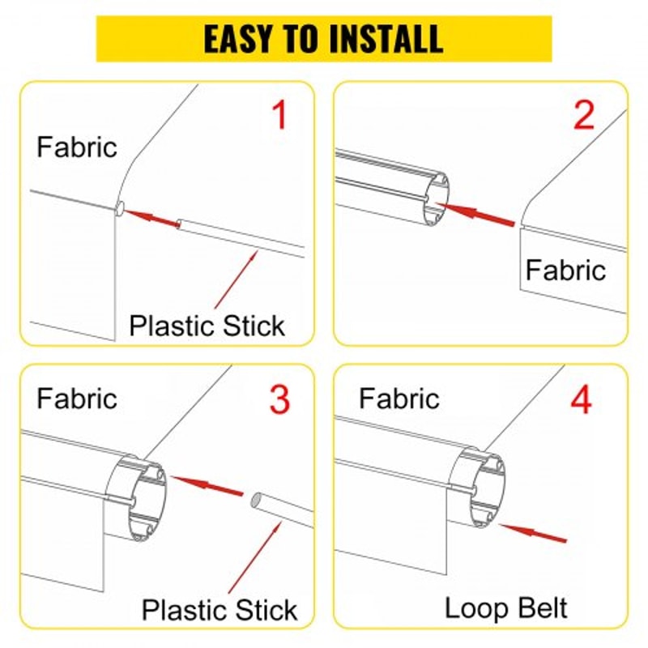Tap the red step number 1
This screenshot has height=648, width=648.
pos(279,116)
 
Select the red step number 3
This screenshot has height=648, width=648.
pos(279,399)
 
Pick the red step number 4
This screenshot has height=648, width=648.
pos(582,399)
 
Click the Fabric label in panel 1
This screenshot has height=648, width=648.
pos(77,147)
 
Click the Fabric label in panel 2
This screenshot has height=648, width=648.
pos(565,270)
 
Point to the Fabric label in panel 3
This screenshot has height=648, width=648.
pos(77,398)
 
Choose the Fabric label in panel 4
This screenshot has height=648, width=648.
pos(399,398)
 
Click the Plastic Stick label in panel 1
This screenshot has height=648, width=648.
pos(207,326)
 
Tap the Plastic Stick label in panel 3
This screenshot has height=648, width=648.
pos(220,609)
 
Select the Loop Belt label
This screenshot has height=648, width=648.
pos(506,607)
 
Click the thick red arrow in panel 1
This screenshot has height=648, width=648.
pos(151,217)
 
